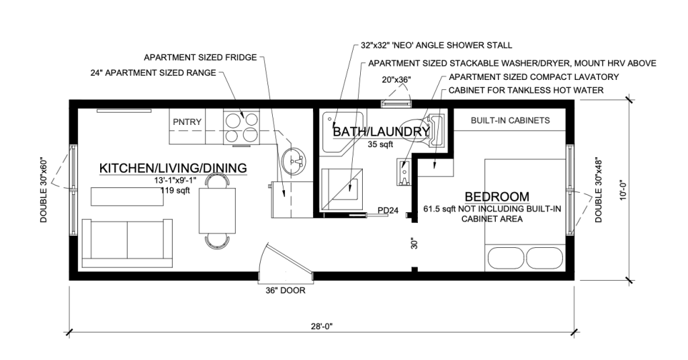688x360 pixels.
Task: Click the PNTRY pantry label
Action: [187, 122]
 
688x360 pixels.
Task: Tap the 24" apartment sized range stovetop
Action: [241, 126]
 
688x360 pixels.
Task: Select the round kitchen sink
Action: [294, 161]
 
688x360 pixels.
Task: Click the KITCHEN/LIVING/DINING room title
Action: [173, 168]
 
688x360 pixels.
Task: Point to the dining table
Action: [217, 210]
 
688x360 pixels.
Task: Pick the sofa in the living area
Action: [127, 243]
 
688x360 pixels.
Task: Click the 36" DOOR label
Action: [285, 290]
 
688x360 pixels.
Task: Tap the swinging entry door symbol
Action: [285, 262]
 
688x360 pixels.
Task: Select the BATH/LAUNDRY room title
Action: [381, 132]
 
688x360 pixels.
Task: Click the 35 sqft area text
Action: [380, 144]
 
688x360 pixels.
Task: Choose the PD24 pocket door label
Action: [388, 210]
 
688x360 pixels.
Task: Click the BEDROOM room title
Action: [497, 196]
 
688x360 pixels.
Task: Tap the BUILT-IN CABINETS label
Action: [511, 120]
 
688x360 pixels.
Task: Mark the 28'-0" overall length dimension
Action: [321, 326]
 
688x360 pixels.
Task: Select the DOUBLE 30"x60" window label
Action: [44, 189]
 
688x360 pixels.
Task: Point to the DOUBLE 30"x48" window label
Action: [599, 190]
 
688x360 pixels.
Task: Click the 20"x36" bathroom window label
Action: [396, 79]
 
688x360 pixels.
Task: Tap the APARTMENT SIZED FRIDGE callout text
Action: [200, 58]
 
